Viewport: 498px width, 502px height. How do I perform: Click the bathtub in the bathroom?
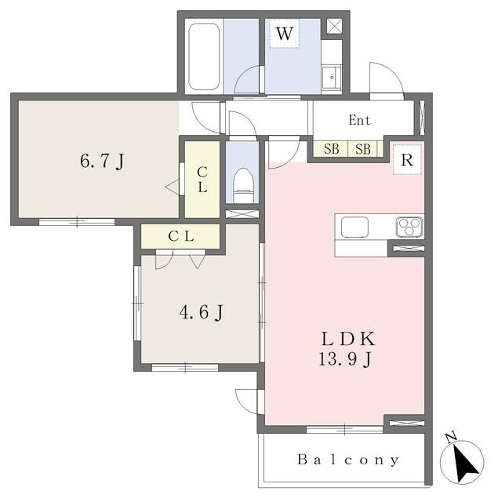tap(204, 57)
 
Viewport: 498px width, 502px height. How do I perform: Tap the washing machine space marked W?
tap(284, 34)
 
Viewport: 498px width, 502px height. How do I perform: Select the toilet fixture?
tap(244, 186)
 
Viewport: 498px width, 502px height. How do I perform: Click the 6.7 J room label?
tap(103, 161)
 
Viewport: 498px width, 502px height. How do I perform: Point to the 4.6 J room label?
tap(202, 312)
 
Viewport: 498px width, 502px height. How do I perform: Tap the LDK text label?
tap(348, 339)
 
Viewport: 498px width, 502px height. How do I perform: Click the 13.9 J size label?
tap(345, 359)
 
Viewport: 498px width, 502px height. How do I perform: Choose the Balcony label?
tap(348, 460)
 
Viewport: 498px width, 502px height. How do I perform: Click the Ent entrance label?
tap(359, 120)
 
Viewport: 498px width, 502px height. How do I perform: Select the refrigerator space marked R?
tap(407, 159)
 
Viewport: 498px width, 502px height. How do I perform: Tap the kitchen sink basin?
tap(354, 227)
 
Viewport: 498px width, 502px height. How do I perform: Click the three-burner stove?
tap(409, 227)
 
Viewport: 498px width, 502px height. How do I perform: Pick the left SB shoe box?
tap(331, 149)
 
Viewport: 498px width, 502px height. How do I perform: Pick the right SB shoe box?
tap(363, 149)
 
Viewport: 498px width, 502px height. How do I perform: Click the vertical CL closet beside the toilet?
tap(202, 180)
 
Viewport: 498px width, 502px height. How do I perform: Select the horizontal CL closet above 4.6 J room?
tap(180, 236)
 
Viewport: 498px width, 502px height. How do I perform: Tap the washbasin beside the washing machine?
tap(332, 78)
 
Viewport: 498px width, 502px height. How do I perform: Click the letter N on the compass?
tap(451, 437)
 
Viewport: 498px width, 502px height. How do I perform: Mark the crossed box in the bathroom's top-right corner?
tap(334, 26)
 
